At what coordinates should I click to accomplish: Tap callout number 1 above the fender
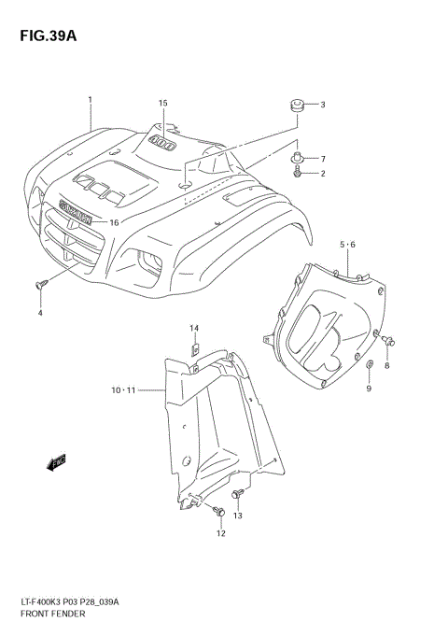pos(90,99)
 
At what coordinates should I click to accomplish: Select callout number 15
pos(161,103)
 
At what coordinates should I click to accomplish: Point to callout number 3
pos(322,105)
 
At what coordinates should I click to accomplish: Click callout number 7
pos(322,159)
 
